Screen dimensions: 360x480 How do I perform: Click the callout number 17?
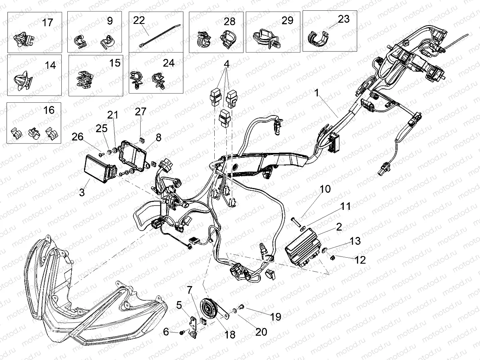47,22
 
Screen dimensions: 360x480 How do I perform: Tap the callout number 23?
343,19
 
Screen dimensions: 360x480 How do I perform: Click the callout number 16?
49,110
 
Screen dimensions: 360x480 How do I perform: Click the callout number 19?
276,317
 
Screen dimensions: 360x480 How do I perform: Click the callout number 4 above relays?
226,64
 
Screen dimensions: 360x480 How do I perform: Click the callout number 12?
360,260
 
